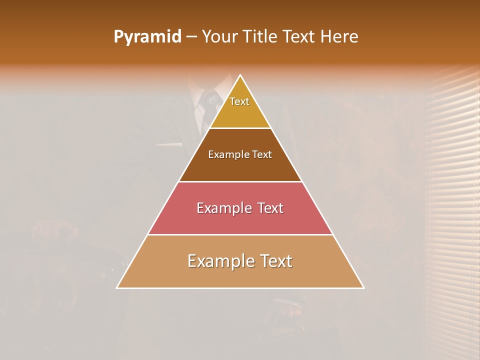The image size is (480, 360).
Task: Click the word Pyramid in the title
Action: click(x=147, y=37)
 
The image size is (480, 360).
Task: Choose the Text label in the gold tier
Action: click(x=239, y=101)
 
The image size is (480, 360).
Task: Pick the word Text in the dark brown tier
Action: click(x=262, y=155)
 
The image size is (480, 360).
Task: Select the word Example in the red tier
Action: click(x=224, y=208)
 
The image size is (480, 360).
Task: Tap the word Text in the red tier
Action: click(x=270, y=208)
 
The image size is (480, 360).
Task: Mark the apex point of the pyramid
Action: click(x=240, y=75)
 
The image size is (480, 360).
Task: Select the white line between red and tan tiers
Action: click(x=240, y=234)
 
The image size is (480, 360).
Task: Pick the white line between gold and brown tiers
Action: click(x=240, y=128)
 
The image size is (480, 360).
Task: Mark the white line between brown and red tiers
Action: click(x=240, y=181)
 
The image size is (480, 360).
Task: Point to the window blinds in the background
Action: click(x=452, y=200)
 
